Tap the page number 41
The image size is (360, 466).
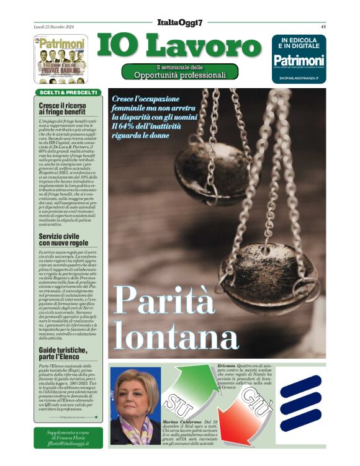323,27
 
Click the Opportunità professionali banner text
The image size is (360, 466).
180,75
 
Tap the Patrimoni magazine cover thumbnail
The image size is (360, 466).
60,59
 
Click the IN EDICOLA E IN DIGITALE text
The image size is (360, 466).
299,42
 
